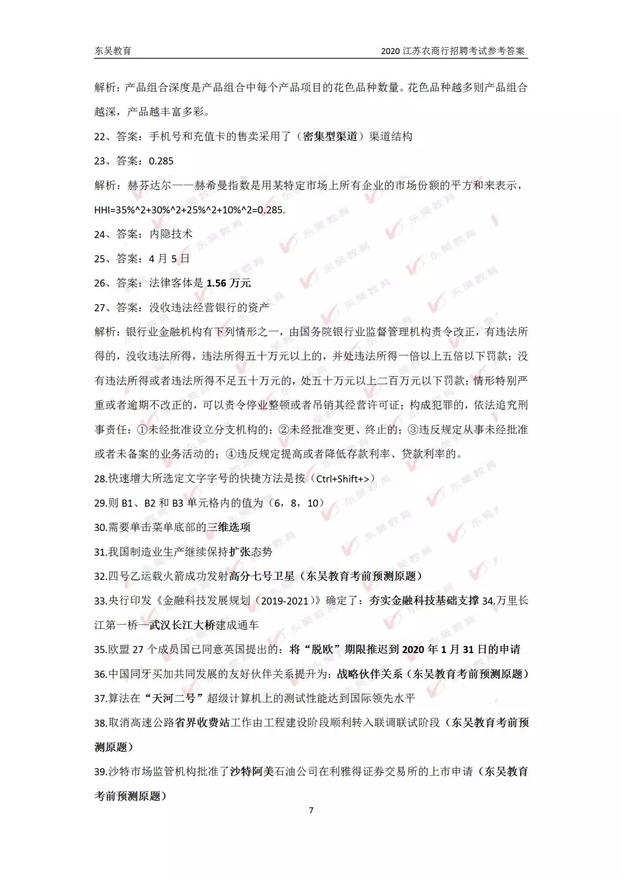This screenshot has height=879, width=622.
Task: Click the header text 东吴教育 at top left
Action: [113, 51]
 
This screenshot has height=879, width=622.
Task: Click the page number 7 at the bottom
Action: [311, 810]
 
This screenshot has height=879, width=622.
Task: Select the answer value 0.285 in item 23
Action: [161, 161]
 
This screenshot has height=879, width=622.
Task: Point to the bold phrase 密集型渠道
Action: [330, 136]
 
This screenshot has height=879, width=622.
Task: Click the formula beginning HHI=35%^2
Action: [189, 210]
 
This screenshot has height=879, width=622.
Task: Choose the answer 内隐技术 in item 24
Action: [171, 234]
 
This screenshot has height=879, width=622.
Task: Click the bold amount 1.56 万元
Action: [229, 283]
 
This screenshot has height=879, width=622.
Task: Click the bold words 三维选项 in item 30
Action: [229, 527]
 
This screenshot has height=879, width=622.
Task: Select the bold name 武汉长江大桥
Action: [182, 625]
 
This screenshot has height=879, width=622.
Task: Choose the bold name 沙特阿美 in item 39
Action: [252, 771]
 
